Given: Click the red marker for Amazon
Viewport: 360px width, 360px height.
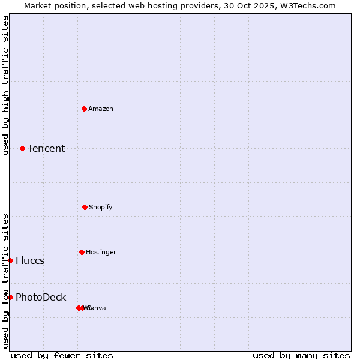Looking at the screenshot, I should (x=85, y=109).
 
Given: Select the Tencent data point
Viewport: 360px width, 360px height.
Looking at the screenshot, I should (x=23, y=148).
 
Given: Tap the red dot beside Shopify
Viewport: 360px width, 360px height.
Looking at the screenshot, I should (x=85, y=207).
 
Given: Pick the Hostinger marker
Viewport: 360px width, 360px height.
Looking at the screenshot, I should (x=82, y=252).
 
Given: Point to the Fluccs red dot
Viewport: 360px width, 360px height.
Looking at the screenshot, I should (x=10, y=260).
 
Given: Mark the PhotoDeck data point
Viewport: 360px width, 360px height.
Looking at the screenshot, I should (x=10, y=297).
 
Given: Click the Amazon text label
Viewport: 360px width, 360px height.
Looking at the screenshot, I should (x=101, y=109).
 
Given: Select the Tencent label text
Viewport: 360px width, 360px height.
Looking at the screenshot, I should (x=46, y=148).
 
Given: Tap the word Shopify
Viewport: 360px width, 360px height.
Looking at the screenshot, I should (x=101, y=207).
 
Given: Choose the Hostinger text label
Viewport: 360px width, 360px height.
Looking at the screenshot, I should (x=101, y=252).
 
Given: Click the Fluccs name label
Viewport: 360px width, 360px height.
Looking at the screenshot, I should (x=30, y=260).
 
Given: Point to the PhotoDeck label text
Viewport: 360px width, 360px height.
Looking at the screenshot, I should (x=41, y=297).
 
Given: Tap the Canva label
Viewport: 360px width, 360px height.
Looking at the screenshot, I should (x=98, y=308).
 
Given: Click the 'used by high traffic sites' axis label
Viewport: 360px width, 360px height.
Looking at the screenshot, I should (x=5, y=85).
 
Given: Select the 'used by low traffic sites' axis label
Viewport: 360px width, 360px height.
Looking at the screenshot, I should (x=5, y=281).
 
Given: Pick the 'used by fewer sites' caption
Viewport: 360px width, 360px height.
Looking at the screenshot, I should (x=62, y=355).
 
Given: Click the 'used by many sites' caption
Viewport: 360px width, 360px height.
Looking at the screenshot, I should (x=301, y=355).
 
